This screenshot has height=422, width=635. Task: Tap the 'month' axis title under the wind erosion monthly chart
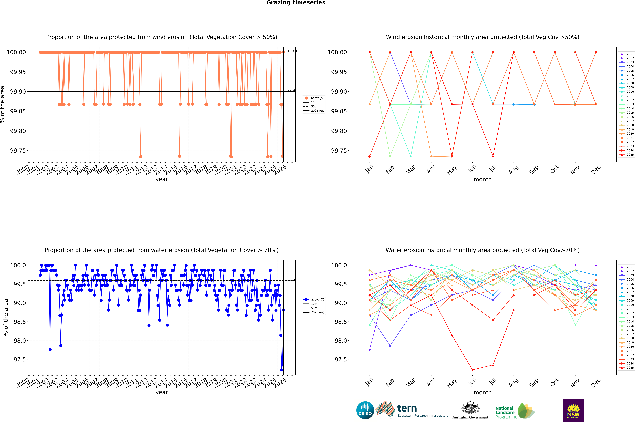point(482,180)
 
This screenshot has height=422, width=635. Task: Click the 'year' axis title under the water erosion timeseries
point(162,392)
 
